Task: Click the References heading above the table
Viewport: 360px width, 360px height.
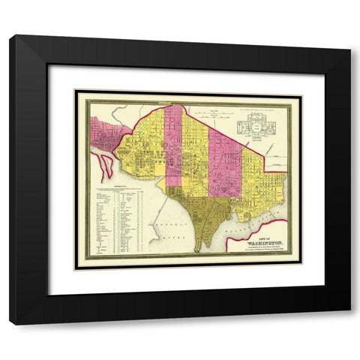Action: point(118,183)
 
